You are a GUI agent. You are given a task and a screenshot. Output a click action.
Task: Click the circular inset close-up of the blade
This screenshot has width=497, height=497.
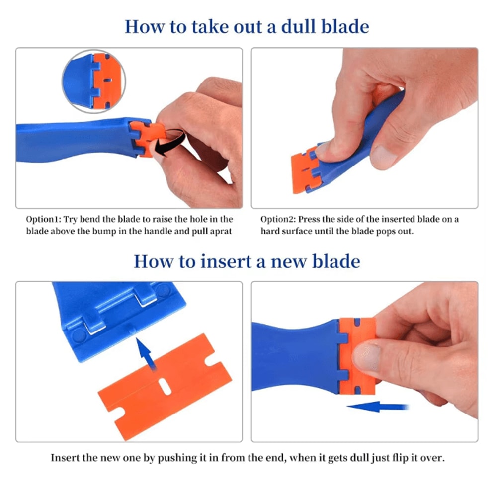[94, 81]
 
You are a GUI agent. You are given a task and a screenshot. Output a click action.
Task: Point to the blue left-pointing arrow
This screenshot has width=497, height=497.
[377, 407]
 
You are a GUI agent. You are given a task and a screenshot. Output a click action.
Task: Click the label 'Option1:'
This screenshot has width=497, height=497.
[43, 219]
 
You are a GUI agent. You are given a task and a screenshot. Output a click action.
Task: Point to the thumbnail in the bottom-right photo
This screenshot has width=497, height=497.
[367, 357]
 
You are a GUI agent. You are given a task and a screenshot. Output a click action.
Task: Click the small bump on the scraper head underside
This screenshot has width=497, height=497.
[130, 329]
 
